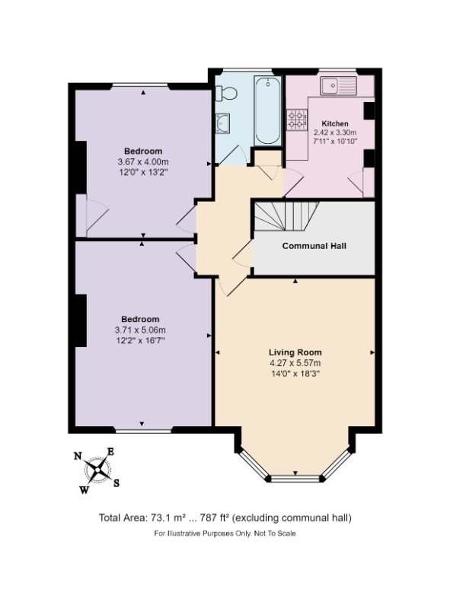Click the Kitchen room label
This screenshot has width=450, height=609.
pos(335,123)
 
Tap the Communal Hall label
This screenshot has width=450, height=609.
pos(315,246)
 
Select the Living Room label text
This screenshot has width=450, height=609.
pos(295,352)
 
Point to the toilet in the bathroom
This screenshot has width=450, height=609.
pos(225,93)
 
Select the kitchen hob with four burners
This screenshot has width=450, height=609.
pos(295,119)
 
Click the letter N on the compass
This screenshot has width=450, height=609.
pos(77,457)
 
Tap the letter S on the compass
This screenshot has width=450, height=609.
pos(116,483)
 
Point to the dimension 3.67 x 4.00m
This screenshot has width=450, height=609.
pos(142,162)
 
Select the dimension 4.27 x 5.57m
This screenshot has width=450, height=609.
pos(295,363)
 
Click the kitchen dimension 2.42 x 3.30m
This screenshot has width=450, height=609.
pos(335,132)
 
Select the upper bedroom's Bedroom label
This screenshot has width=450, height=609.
pos(142,151)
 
